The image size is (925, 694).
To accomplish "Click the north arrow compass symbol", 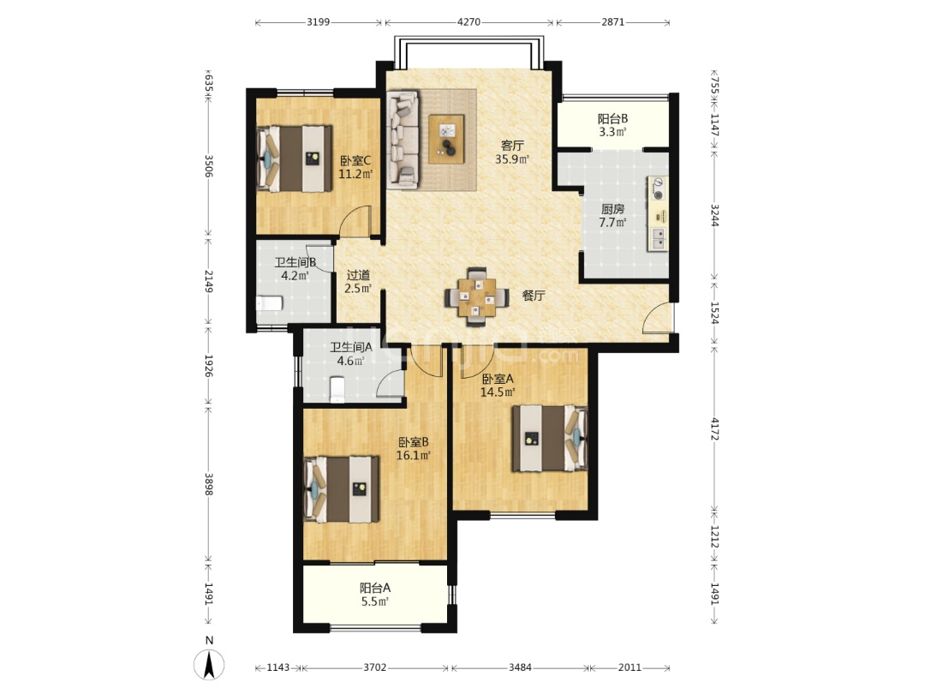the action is (x=209, y=663).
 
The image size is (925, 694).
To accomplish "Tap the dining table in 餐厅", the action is (x=477, y=296).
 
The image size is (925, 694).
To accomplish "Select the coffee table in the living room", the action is (x=446, y=140).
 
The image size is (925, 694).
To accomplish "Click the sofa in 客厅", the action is (x=403, y=140).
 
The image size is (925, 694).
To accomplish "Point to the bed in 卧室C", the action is (x=295, y=159).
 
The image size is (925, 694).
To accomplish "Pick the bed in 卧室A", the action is (x=550, y=438).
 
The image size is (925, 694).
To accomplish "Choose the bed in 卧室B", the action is (x=342, y=489).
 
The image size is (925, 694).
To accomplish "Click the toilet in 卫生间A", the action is (x=337, y=390).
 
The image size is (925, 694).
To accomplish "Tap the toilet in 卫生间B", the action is (x=270, y=303).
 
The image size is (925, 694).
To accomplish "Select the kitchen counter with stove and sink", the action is (x=658, y=213).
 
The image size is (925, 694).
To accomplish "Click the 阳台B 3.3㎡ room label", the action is (x=612, y=125).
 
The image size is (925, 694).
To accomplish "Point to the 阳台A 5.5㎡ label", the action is (x=375, y=595).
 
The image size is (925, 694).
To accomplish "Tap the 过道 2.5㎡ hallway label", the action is (x=358, y=282).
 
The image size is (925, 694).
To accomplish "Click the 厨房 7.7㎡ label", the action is (x=612, y=215).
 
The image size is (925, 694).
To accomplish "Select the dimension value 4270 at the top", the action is (x=469, y=22).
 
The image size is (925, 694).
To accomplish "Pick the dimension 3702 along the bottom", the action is (x=374, y=667).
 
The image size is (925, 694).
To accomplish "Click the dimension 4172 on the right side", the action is (x=714, y=429).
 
